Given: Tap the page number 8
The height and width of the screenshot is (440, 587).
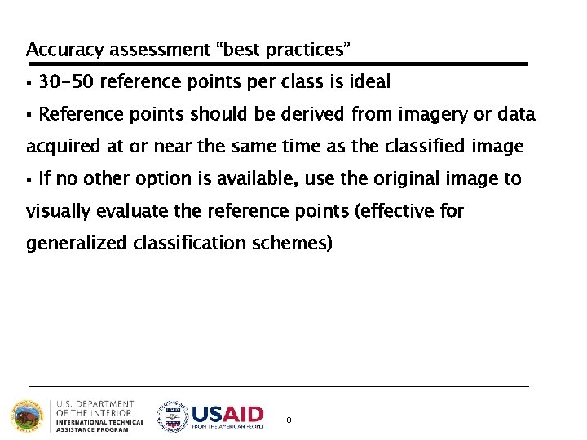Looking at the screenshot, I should pyautogui.click(x=289, y=420).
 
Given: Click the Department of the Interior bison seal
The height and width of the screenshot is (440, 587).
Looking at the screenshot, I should pyautogui.click(x=29, y=416).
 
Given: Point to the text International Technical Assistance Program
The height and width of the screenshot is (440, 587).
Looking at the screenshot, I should pyautogui.click(x=99, y=425).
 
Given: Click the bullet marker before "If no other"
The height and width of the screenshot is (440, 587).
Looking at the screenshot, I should pyautogui.click(x=29, y=179).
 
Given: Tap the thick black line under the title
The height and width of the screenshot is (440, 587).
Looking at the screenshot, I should pyautogui.click(x=277, y=64).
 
